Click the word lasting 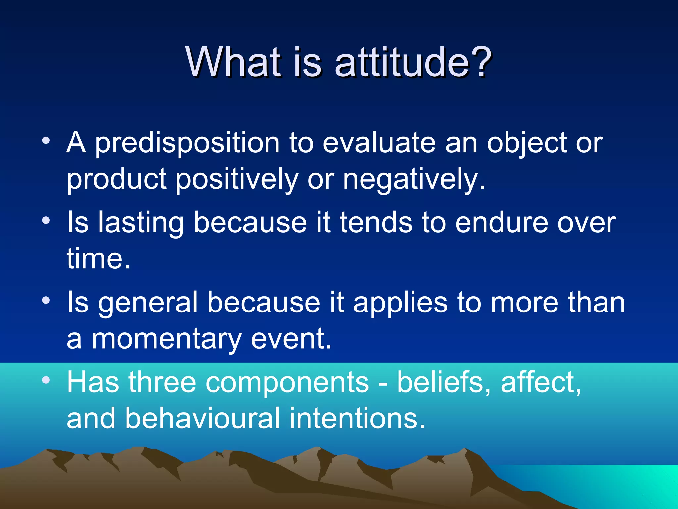click(x=141, y=223)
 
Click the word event click(x=291, y=339)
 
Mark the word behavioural click(x=203, y=418)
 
